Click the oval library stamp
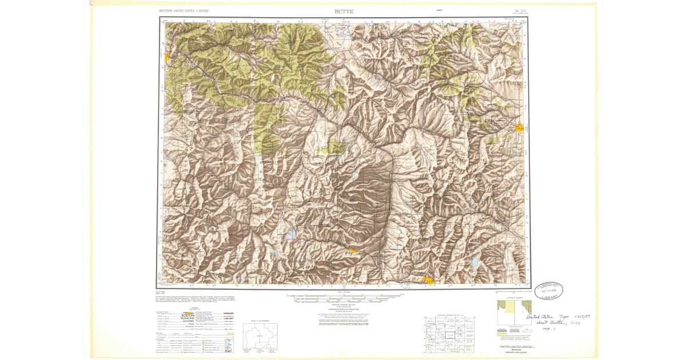549,290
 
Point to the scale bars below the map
343,298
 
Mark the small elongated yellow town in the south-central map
354,250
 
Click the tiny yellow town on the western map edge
166,58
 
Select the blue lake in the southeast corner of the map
474,262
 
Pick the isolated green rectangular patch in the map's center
330,147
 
